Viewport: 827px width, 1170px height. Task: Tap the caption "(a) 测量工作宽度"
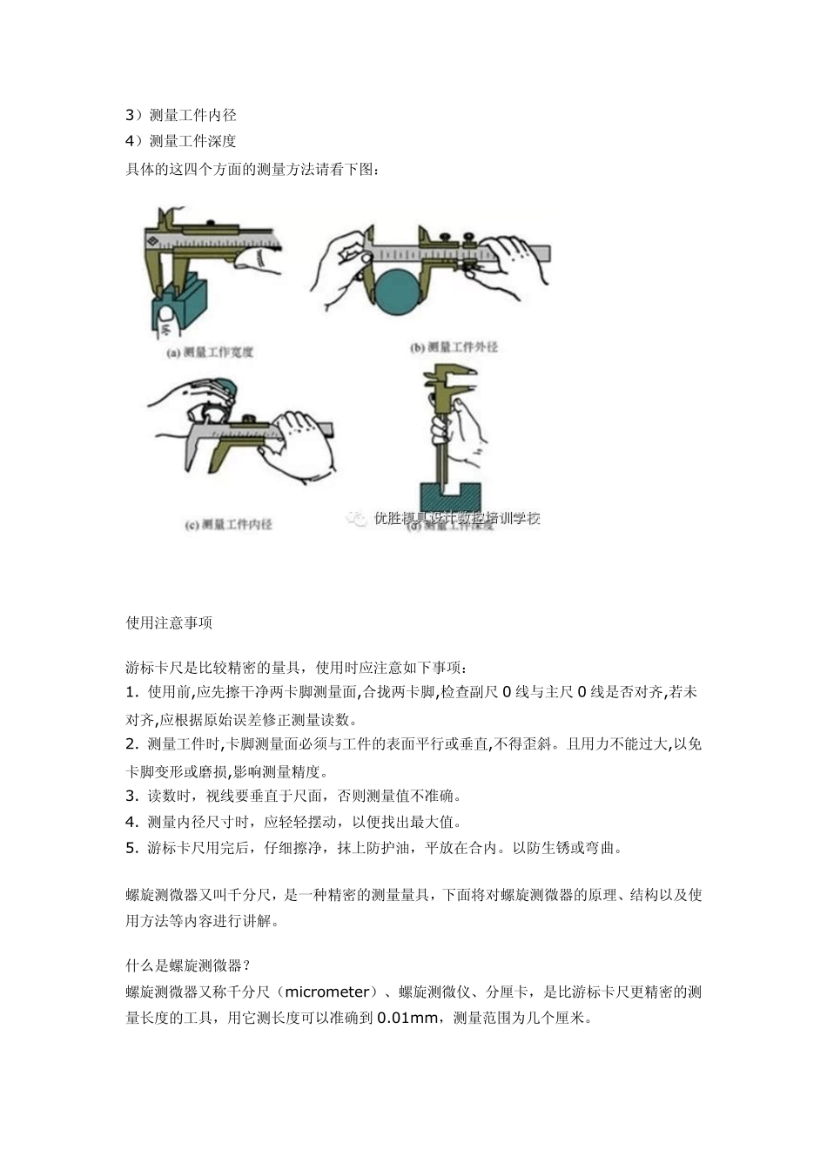coord(209,353)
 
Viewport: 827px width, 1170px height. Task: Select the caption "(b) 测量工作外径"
coord(453,347)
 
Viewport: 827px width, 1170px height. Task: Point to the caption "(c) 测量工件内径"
coord(228,524)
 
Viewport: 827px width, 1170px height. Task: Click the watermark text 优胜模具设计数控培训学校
coord(456,518)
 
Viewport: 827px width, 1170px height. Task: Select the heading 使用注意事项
coord(169,622)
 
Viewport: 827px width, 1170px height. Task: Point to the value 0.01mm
coord(408,1018)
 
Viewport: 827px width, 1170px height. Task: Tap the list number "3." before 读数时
coord(132,796)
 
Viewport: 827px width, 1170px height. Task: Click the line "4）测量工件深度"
coord(181,141)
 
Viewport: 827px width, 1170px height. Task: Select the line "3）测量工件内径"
coord(181,115)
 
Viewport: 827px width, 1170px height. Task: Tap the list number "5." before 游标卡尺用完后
coord(132,848)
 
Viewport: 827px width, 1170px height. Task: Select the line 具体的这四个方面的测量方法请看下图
coord(252,169)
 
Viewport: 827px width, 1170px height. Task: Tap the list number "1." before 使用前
coord(132,693)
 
